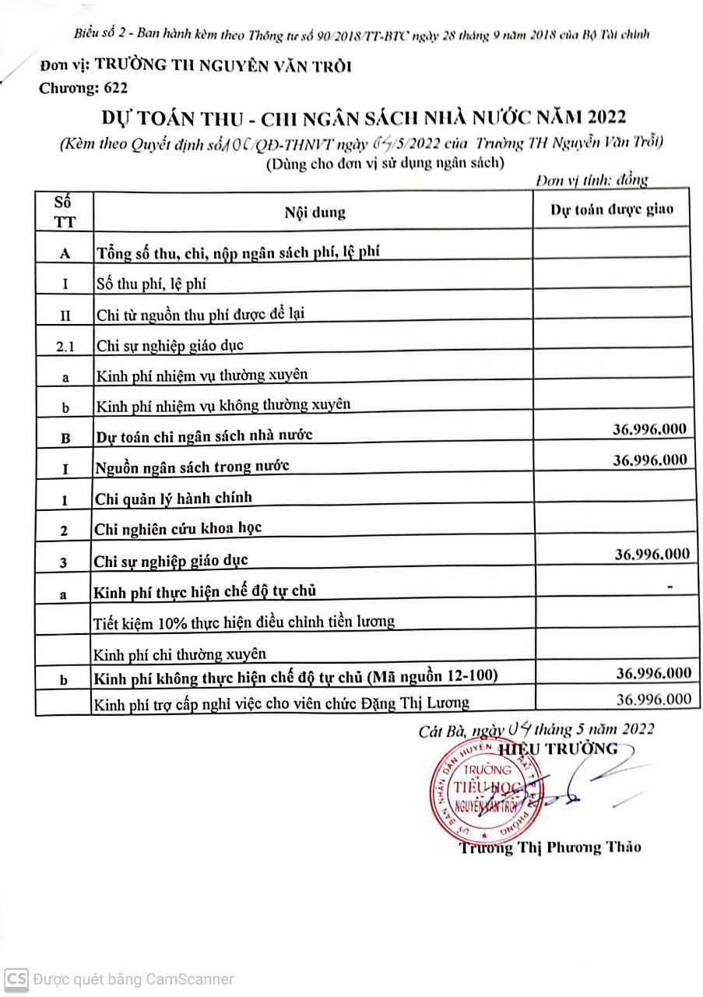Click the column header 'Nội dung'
(315, 213)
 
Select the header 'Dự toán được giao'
(612, 209)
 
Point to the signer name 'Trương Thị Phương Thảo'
(550, 847)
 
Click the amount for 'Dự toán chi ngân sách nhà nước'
(650, 428)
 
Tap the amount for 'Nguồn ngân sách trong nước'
(650, 460)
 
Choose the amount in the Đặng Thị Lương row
(652, 699)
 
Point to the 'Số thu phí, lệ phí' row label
(151, 284)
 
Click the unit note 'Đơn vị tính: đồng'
(592, 180)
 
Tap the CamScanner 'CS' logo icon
(16, 979)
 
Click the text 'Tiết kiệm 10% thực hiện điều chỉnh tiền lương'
(244, 622)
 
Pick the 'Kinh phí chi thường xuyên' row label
(179, 653)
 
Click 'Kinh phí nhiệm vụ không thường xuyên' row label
(223, 404)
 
